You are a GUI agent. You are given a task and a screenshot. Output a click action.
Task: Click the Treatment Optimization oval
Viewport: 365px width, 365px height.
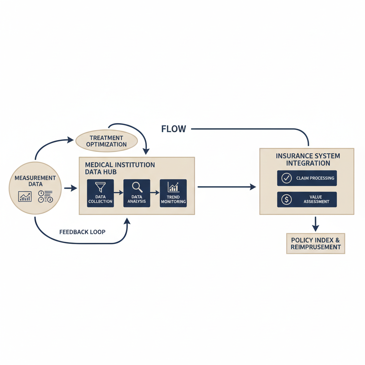coord(107,141)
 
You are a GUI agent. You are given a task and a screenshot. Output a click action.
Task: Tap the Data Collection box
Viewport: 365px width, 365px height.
coord(100,193)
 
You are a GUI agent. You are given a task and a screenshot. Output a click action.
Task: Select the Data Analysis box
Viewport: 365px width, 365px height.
coord(137,193)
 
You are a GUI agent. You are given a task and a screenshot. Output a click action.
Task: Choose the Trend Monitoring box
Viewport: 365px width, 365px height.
coord(173,193)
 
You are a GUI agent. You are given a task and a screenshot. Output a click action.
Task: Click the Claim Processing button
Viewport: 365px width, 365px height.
coord(307,178)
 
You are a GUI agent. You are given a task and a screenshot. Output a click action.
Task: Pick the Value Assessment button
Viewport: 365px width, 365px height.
coord(307,200)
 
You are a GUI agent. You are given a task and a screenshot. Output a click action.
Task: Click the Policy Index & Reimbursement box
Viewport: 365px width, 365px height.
coord(315,243)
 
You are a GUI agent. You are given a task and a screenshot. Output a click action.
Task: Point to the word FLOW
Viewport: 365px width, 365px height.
coord(174,129)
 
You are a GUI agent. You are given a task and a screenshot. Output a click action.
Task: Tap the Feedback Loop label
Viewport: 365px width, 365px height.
coord(82,232)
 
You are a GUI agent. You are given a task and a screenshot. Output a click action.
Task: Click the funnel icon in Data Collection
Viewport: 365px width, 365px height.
coord(100,187)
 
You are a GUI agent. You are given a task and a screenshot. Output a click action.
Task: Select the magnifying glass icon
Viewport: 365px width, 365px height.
coord(137,187)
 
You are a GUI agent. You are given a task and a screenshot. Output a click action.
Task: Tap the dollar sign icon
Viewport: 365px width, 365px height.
coord(286,200)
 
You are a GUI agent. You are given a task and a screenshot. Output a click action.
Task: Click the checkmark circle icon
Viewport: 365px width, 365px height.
coord(286,178)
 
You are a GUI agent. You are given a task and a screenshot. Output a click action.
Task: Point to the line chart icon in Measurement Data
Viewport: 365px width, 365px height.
coord(25,196)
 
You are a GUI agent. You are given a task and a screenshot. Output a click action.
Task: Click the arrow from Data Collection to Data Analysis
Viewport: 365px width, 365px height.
coord(118,192)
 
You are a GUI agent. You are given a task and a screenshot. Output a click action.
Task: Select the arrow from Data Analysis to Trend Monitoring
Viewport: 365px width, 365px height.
coord(155,192)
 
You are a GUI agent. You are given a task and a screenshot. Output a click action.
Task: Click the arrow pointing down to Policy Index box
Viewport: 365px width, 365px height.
coord(315,224)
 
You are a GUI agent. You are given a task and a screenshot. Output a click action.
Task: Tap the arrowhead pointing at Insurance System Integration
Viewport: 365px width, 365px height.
coord(253,187)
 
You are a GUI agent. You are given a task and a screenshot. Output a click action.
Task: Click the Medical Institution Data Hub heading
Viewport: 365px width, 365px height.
coord(120,168)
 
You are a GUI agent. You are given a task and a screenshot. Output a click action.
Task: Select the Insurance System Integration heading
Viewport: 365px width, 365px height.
coord(308,159)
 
